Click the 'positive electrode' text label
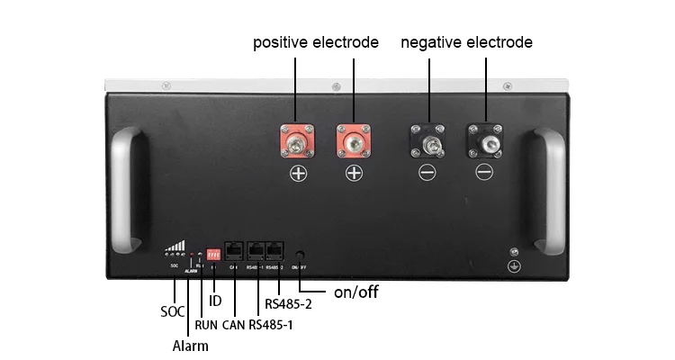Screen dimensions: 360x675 (315, 42)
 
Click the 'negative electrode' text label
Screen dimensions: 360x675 (466, 42)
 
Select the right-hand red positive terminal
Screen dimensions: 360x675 (354, 139)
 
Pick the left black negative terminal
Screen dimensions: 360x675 (427, 139)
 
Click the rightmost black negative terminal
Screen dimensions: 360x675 (484, 139)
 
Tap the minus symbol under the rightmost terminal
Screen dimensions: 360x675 (484, 172)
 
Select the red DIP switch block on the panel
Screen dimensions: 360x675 (214, 254)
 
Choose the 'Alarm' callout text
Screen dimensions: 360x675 (190, 346)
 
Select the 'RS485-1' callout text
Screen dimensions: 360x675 (271, 324)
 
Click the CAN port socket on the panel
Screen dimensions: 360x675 (234, 252)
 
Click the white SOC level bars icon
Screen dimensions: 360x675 (178, 246)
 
